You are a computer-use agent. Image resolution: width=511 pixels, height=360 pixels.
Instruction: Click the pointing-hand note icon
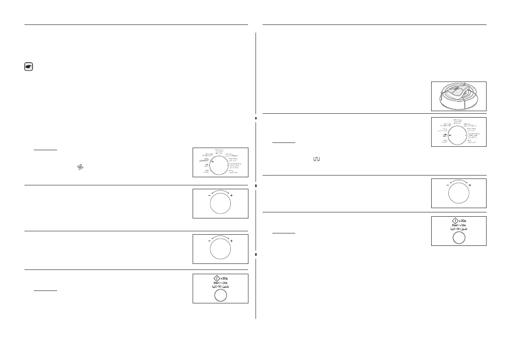[x=28, y=67]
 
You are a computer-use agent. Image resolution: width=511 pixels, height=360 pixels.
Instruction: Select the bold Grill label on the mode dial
[x=440, y=135]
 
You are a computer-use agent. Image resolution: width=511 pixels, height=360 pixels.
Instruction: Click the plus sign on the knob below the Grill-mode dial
[x=470, y=185]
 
